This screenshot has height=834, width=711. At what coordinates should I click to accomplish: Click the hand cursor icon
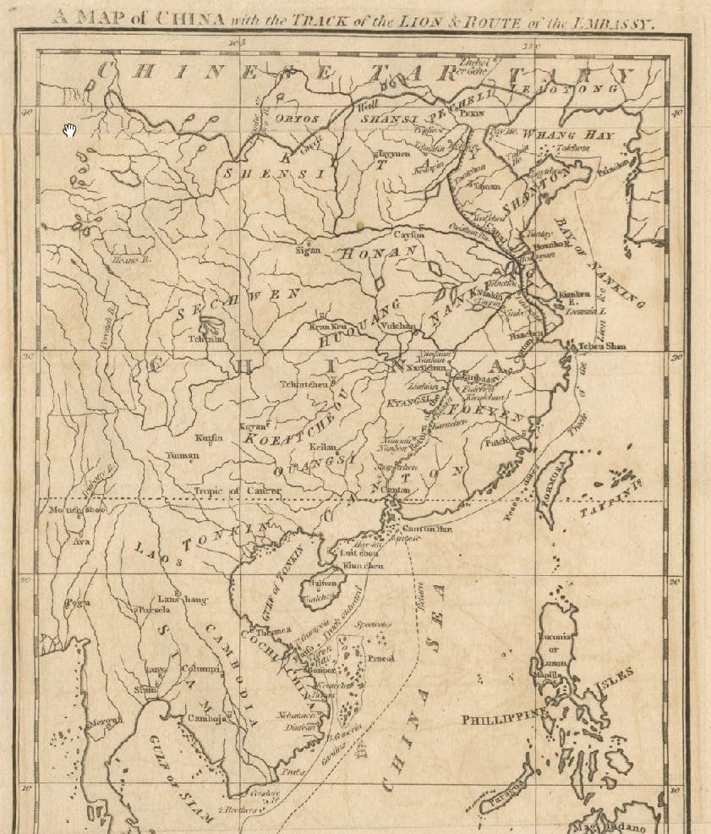[69, 129]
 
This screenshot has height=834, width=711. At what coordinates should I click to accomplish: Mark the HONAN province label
[381, 252]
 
